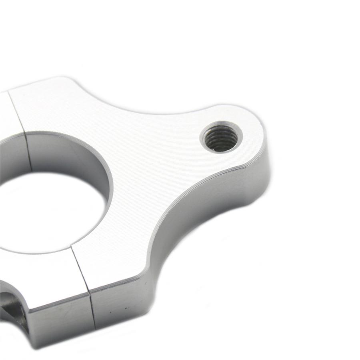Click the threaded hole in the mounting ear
(221, 138)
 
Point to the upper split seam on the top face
(17, 112)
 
